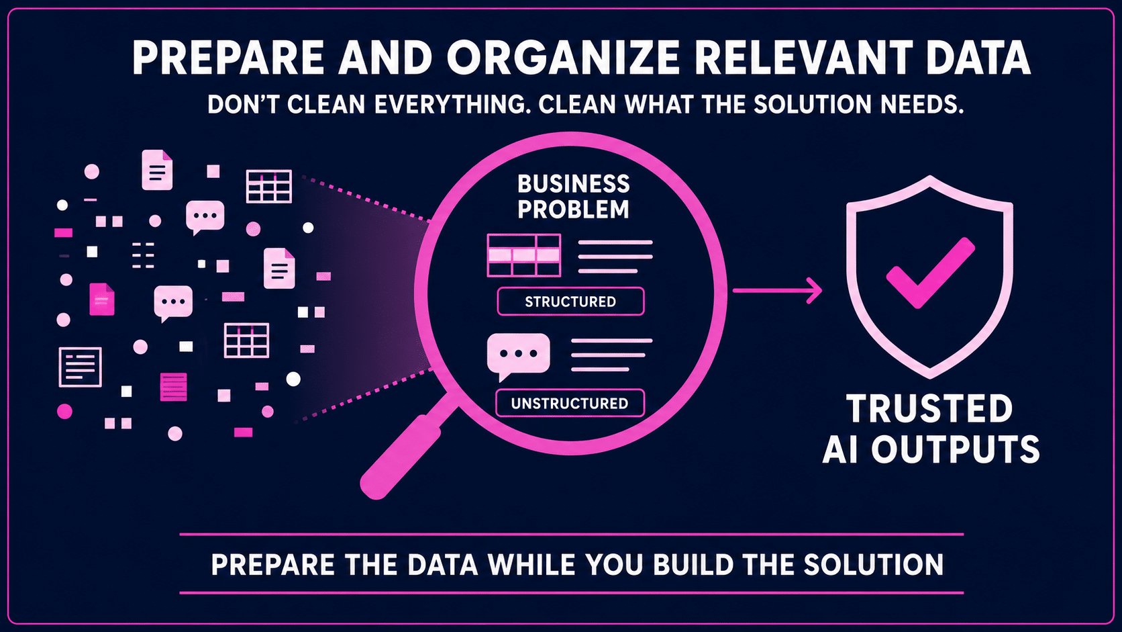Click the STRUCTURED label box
pos(570,301)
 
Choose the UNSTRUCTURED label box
pos(570,403)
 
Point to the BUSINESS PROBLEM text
pos(574,197)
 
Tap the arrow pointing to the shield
pos(777,290)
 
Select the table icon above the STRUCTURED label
pos(523,255)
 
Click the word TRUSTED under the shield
pos(929,408)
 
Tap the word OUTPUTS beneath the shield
pos(956,449)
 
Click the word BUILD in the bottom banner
pos(693,564)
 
